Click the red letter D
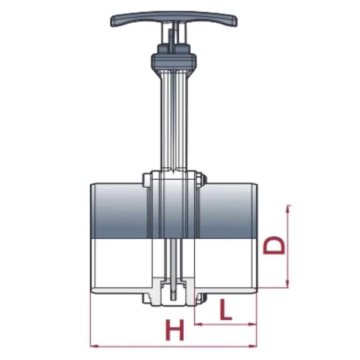[274, 246]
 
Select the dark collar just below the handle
[174, 60]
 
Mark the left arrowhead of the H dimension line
[93, 346]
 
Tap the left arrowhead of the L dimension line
[197, 324]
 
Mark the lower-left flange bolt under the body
[147, 298]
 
